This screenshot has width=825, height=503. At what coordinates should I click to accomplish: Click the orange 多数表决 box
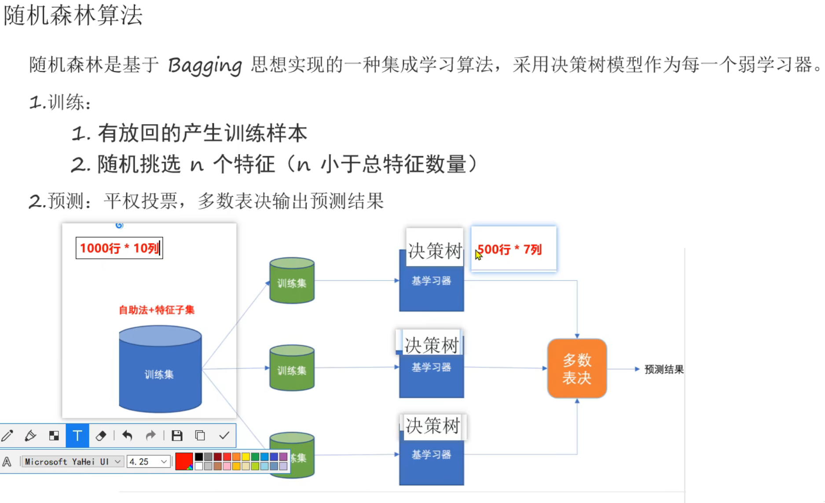577,368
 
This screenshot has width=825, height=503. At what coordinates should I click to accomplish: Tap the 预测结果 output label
664,369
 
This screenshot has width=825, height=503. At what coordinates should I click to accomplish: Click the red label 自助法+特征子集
157,310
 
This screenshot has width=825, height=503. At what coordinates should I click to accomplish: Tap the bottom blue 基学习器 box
431,458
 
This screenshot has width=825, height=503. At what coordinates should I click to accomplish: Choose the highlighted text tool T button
77,436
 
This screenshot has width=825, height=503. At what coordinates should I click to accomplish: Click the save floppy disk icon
177,436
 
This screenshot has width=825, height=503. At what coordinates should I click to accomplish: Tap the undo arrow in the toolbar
127,436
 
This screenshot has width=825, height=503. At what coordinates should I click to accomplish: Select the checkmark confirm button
224,436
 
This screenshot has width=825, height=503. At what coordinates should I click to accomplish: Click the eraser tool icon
101,436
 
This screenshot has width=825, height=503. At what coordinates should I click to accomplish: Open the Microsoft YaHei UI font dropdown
73,462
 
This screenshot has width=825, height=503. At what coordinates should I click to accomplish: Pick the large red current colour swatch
183,461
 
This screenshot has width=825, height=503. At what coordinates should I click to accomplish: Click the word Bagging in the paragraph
205,65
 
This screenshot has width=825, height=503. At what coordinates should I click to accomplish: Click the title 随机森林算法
73,15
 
